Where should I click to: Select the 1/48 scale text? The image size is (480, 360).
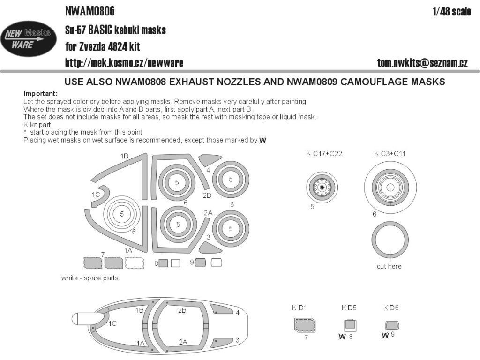(x=452, y=12)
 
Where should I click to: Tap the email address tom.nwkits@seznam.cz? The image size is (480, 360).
(x=422, y=63)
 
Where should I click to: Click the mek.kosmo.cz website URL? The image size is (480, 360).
(x=123, y=63)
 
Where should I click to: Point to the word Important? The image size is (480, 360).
(x=40, y=93)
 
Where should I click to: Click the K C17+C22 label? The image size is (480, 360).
(x=324, y=153)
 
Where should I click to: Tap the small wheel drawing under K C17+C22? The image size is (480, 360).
(x=322, y=187)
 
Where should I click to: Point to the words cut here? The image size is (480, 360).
(x=389, y=266)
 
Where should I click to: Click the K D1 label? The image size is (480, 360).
(x=299, y=307)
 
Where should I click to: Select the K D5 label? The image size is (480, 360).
(x=349, y=307)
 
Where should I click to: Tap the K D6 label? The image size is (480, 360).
(x=391, y=307)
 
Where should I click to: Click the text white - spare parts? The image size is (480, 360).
(x=90, y=278)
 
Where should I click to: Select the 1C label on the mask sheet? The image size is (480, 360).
(x=96, y=194)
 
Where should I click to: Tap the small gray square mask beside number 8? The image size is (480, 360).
(x=163, y=263)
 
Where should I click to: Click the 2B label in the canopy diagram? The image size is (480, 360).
(x=182, y=310)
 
